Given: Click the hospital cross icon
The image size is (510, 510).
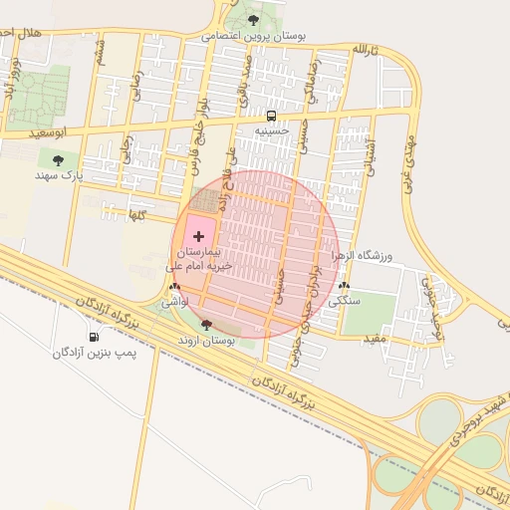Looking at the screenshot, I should [x=200, y=236].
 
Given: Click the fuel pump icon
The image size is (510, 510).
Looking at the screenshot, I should [x=95, y=337].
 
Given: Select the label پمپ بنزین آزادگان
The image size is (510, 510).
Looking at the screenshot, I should [x=95, y=353].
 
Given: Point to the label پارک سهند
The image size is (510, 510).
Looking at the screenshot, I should [x=57, y=174].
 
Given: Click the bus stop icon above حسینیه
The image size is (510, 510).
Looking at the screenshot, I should [x=272, y=115].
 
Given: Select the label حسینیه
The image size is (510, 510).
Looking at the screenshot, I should [x=272, y=130].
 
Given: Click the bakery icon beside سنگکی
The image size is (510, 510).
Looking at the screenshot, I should [x=344, y=285].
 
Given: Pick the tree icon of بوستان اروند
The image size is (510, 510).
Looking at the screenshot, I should [x=206, y=324].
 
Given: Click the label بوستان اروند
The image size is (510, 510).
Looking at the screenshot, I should [x=206, y=340].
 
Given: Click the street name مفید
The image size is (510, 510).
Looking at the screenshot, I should [x=375, y=339].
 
